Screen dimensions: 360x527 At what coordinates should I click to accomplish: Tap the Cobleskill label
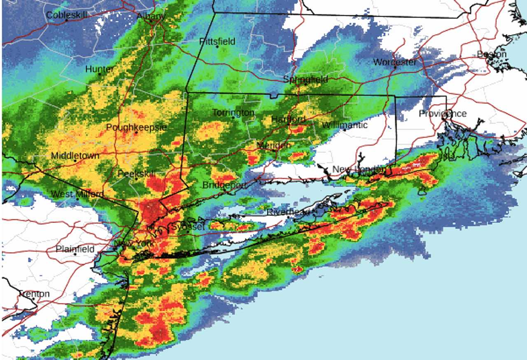click(67, 15)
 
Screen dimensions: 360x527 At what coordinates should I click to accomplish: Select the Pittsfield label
click(217, 41)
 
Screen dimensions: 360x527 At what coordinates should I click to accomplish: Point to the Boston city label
click(492, 54)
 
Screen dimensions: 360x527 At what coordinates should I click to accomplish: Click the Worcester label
click(394, 62)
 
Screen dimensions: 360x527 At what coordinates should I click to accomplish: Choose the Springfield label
click(305, 79)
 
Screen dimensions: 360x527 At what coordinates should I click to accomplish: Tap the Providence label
click(443, 113)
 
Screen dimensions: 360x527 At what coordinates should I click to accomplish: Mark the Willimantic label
click(344, 125)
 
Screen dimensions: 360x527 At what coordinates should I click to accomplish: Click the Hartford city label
click(288, 119)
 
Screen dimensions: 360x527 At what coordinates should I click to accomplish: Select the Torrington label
click(233, 112)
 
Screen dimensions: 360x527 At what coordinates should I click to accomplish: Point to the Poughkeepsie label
click(136, 127)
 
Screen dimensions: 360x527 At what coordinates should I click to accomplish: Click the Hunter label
click(99, 69)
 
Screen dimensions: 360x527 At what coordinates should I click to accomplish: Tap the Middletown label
click(75, 156)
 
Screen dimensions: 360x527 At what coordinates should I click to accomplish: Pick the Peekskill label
click(136, 174)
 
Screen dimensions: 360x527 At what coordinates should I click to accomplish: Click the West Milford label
click(77, 194)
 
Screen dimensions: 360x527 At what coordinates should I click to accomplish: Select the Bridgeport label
click(224, 185)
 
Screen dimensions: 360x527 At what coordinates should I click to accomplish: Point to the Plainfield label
click(75, 249)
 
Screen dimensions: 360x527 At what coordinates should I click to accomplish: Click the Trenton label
click(34, 294)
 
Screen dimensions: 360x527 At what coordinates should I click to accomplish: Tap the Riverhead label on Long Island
click(287, 212)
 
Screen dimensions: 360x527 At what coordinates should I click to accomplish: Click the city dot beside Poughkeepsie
click(136, 133)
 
